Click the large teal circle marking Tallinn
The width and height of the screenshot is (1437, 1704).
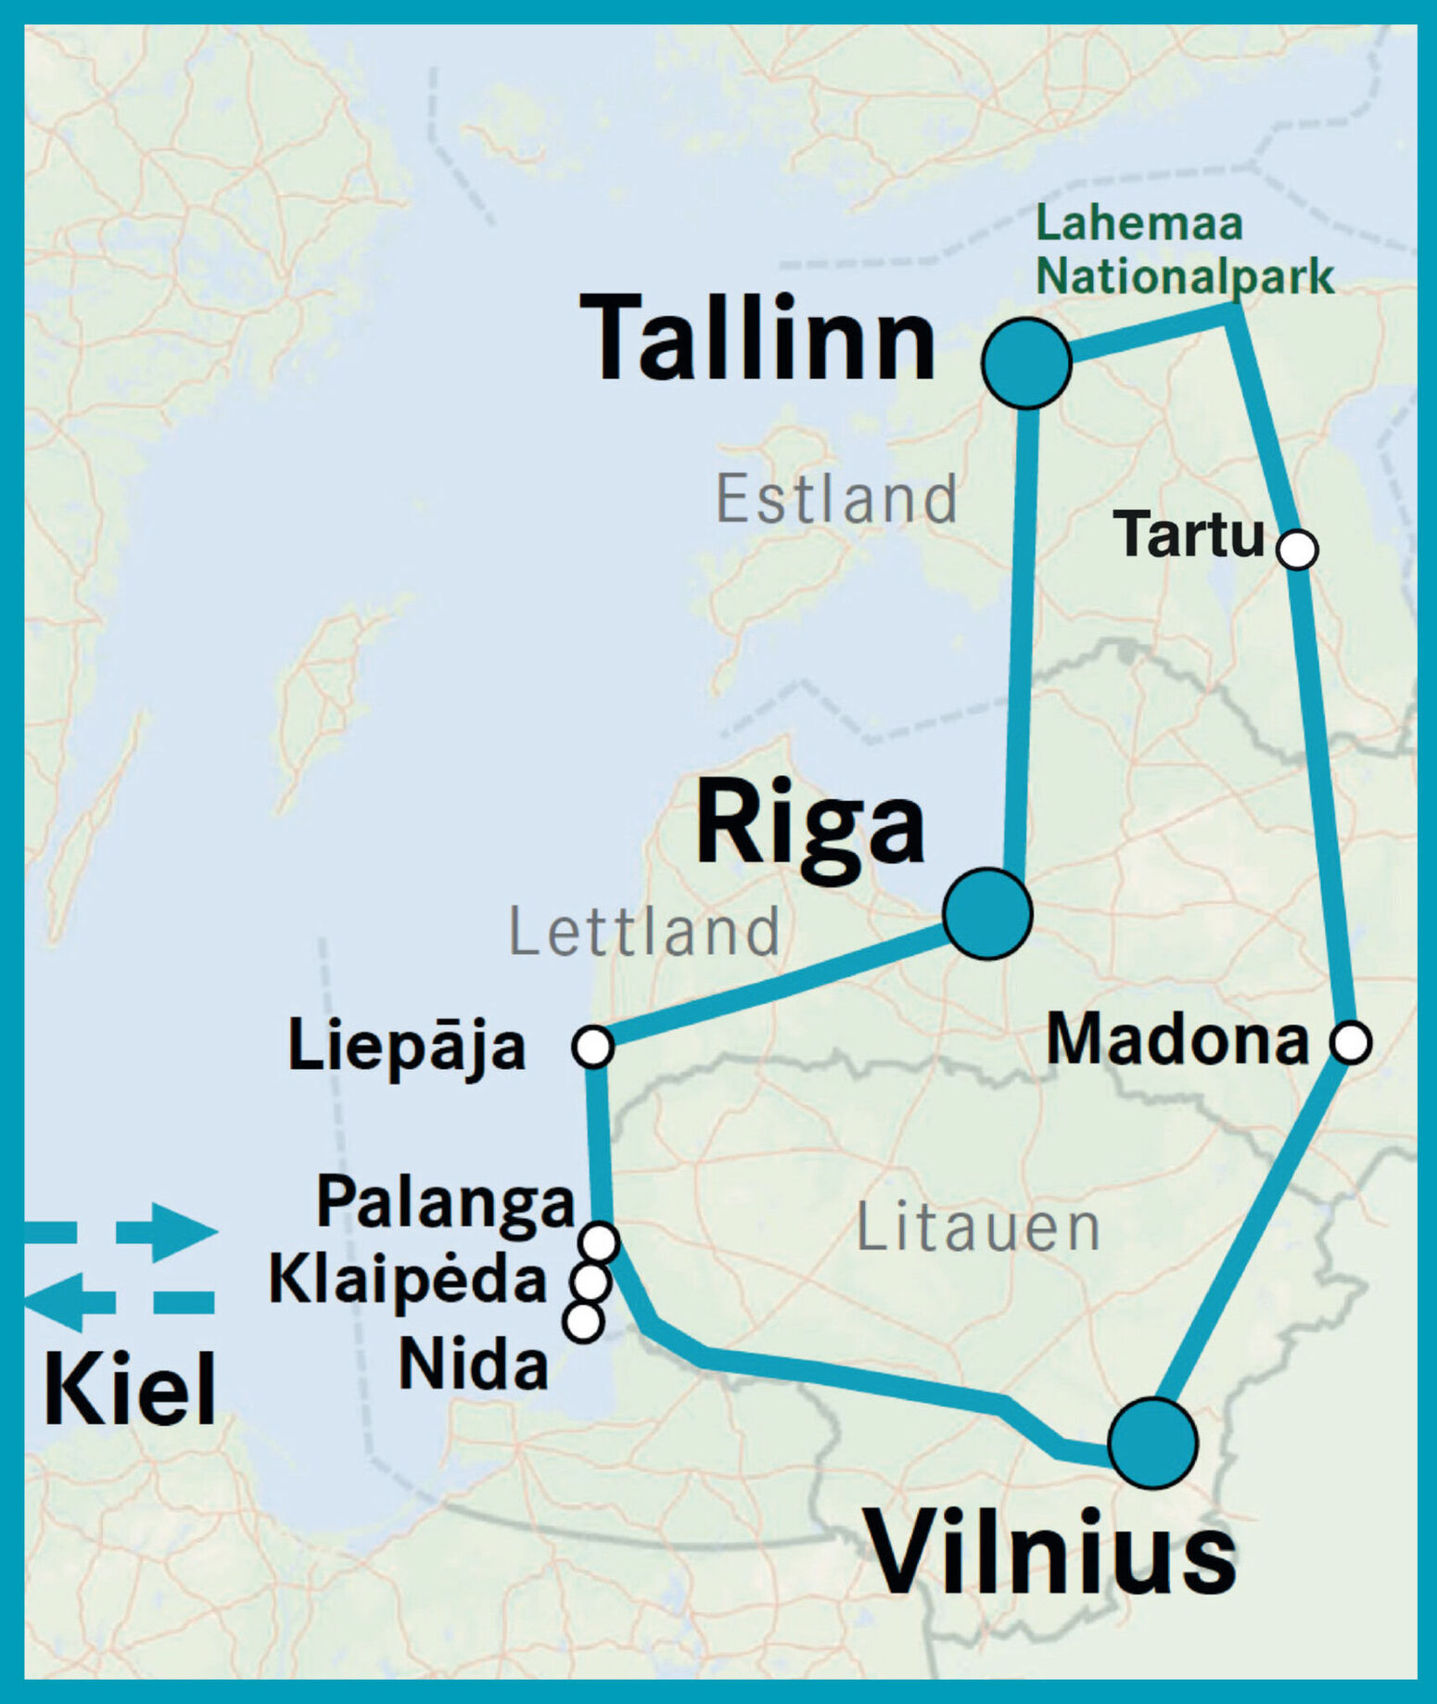(x=1026, y=363)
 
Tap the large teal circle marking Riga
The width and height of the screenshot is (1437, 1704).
(x=987, y=913)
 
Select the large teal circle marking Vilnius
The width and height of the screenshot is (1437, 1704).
(x=1152, y=1443)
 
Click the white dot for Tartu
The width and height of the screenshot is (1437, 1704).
(x=1297, y=549)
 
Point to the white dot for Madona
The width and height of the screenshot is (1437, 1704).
(x=1351, y=1042)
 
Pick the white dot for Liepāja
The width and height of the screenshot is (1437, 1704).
(x=592, y=1047)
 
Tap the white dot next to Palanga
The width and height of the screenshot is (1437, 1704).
(x=599, y=1240)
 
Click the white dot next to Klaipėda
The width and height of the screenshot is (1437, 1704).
(x=591, y=1282)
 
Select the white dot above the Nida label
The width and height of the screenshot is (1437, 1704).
(x=583, y=1322)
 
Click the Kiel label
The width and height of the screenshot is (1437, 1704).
(x=130, y=1389)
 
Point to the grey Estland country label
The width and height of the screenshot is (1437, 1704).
(x=836, y=499)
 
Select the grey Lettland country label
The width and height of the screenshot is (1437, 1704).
(x=644, y=932)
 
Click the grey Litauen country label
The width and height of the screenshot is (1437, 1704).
(x=978, y=1227)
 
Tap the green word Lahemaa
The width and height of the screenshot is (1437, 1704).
(x=1138, y=224)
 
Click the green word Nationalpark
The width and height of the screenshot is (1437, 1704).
(x=1184, y=276)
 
